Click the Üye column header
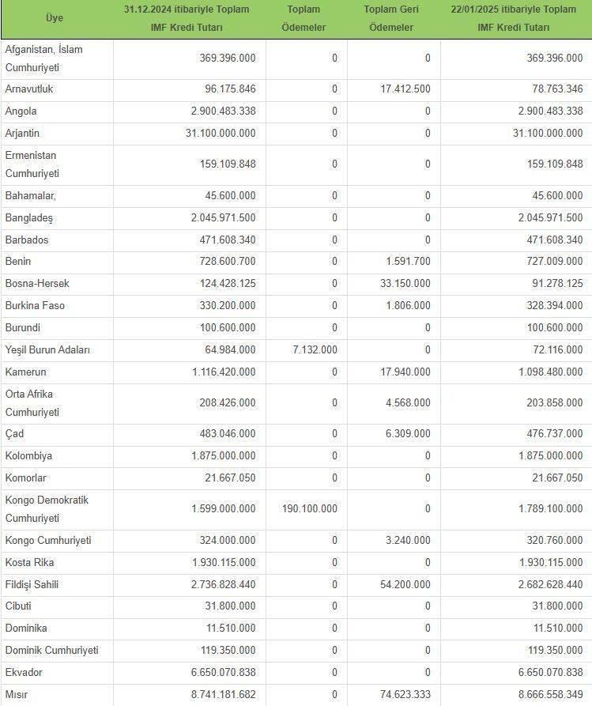pos(55,18)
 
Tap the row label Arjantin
pos(22,134)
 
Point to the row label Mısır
pos(17,694)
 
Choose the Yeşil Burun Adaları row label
pos(47,349)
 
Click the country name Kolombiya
pos(29,455)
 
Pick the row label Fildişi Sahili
pos(32,584)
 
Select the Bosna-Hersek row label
pos(37,283)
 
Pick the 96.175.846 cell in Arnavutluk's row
pos(224,89)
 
